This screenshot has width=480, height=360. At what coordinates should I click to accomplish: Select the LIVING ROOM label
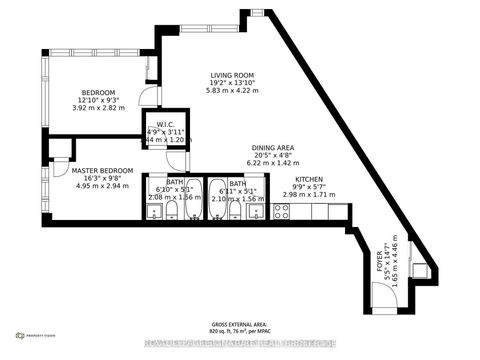(231, 75)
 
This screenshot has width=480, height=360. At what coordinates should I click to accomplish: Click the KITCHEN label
(308, 179)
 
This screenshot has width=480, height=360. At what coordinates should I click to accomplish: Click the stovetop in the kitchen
(281, 211)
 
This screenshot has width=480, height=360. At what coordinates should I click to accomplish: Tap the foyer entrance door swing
(382, 296)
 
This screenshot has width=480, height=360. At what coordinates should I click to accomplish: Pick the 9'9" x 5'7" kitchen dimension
(308, 187)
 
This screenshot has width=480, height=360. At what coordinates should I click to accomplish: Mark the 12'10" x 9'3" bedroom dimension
(98, 101)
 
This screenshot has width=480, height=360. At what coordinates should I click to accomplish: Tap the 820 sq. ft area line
(239, 331)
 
